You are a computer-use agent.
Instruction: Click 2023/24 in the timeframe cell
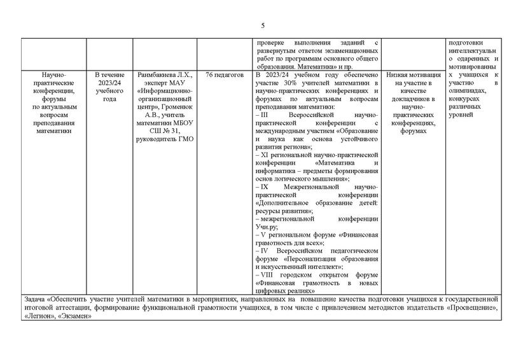(x=107, y=83)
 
